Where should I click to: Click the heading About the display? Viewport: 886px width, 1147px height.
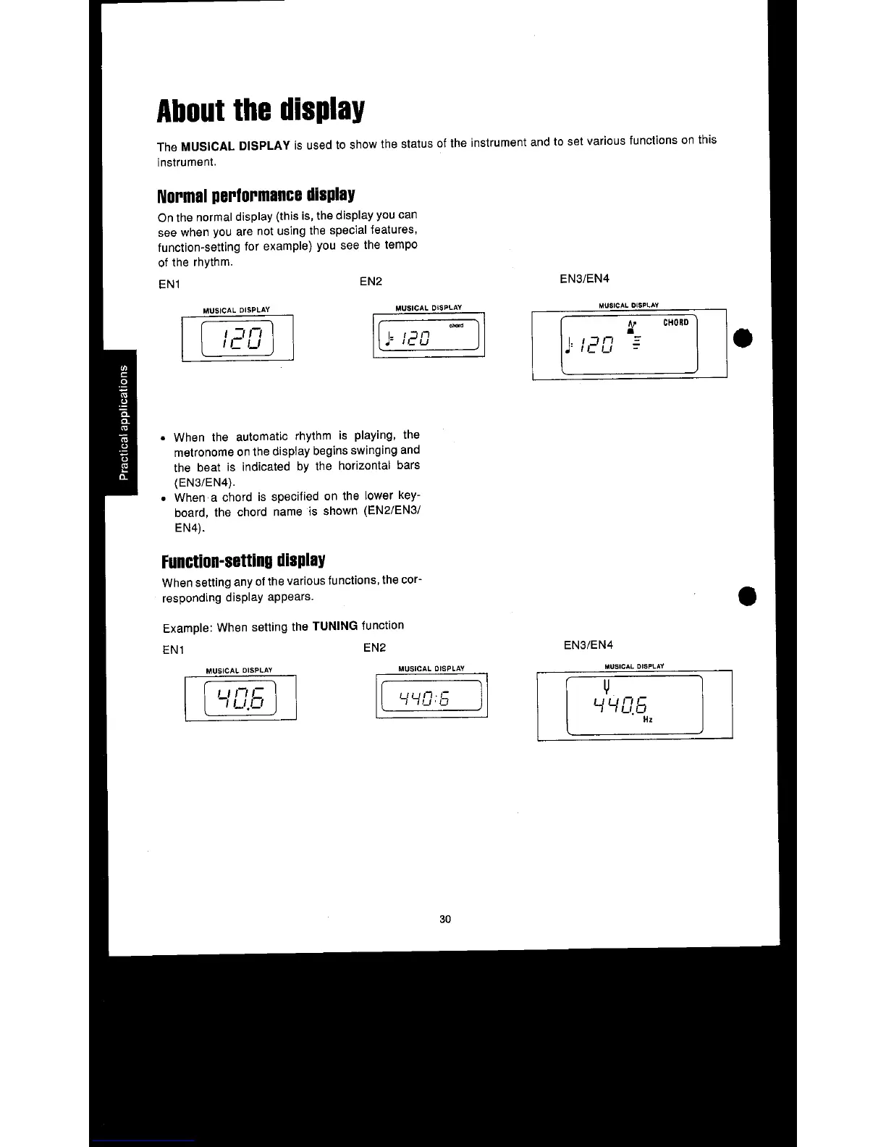tap(261, 110)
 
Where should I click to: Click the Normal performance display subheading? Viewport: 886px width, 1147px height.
tap(256, 195)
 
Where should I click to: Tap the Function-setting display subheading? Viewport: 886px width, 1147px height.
tap(243, 560)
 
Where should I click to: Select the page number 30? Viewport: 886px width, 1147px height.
tap(445, 919)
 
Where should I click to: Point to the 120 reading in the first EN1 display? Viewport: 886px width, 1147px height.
tap(237, 338)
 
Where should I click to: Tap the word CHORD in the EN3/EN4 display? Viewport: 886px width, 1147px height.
tap(675, 322)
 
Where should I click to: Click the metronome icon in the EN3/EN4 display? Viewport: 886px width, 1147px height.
tap(632, 327)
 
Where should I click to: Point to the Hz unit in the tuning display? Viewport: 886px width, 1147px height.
tap(648, 720)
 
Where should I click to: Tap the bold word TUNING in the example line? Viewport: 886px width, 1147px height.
tap(334, 626)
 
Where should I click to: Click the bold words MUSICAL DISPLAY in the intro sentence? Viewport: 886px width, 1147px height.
tap(235, 146)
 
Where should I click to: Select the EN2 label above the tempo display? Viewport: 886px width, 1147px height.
tap(371, 281)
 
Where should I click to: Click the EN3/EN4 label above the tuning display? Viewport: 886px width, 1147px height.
tap(588, 644)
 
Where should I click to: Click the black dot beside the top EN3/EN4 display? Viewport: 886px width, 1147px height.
tap(743, 338)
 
